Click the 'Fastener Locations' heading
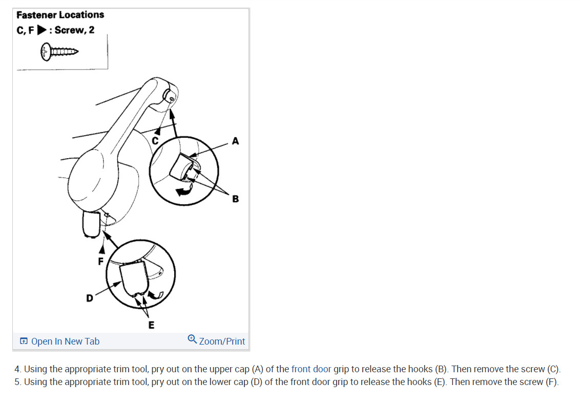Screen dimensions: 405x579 tap(60, 15)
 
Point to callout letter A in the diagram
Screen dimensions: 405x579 tap(235, 140)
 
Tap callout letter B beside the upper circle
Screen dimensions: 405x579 tap(235, 199)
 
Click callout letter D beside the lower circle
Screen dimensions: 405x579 tap(89, 297)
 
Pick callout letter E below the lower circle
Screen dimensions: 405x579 tap(151, 325)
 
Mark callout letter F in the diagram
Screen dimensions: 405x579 tap(101, 261)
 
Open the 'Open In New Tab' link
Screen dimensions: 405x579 tap(65, 342)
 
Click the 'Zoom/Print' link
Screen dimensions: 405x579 tap(221, 342)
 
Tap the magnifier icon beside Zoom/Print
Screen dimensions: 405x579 tap(192, 338)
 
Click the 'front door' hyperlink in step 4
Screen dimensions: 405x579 tap(311, 369)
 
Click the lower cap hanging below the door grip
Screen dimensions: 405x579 tap(91, 224)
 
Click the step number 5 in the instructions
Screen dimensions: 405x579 tap(17, 382)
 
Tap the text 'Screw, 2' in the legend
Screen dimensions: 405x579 tap(75, 30)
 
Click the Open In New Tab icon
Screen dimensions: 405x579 tap(24, 342)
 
